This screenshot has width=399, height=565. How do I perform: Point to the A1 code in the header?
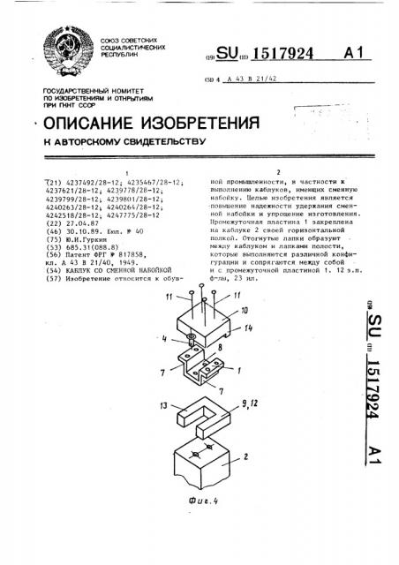point(354,56)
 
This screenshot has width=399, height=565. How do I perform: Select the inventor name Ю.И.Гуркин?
point(84,240)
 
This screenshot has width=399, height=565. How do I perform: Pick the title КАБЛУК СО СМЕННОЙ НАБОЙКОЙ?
point(103,272)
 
